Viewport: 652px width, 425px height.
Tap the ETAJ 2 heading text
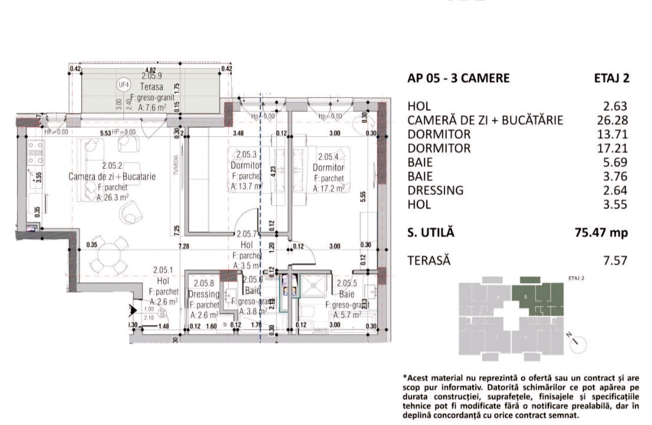point(611,79)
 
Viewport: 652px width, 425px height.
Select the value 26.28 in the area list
point(615,120)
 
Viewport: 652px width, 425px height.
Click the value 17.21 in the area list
point(615,149)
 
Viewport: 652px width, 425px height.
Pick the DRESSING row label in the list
point(435,191)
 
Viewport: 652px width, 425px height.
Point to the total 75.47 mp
point(601,233)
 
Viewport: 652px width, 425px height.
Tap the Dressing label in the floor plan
point(203,294)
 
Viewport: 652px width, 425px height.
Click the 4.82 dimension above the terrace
point(143,70)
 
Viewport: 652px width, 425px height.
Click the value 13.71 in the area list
point(615,135)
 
